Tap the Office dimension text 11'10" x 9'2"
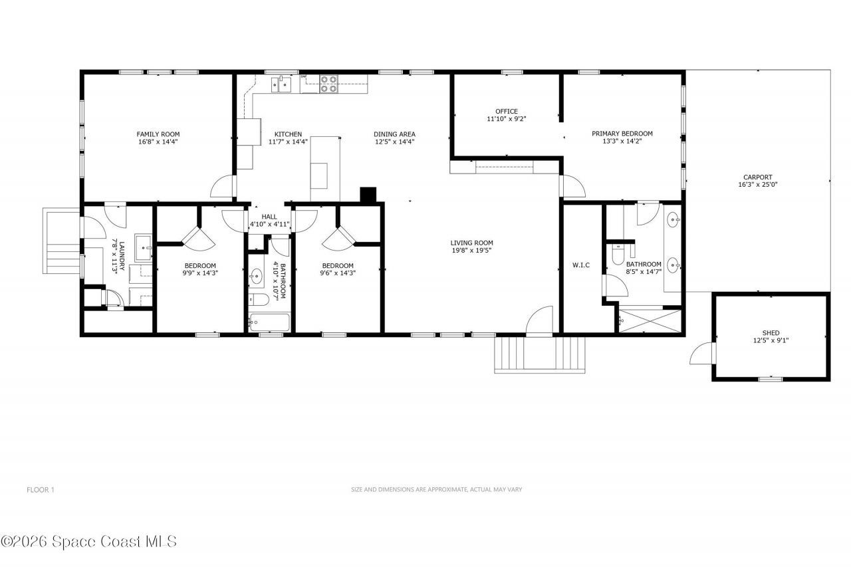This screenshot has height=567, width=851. coord(506,120)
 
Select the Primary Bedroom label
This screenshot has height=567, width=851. coord(622,134)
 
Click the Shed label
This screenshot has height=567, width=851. coord(771,332)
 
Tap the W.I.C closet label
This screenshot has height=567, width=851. coord(581,266)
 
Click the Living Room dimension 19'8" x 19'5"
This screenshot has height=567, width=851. coord(471,251)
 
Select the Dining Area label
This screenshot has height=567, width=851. coord(394,134)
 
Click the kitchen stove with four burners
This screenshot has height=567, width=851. coord(328,84)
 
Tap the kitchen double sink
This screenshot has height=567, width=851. coord(283,83)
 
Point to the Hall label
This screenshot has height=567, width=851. coord(269,217)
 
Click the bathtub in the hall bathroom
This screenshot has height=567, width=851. coord(269,324)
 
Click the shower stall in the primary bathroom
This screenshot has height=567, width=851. coord(650,320)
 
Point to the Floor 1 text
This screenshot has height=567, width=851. coord(40,490)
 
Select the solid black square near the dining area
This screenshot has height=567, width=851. coord(368,194)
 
